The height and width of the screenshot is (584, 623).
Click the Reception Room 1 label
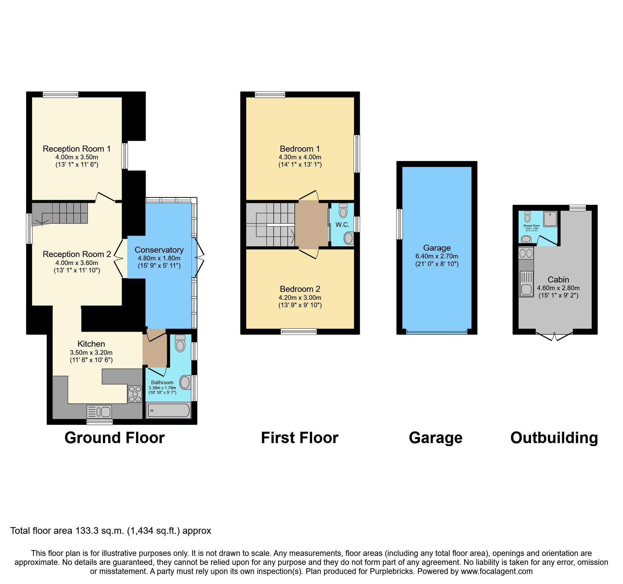click(x=76, y=149)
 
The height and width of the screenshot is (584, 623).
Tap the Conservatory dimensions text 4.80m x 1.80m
click(x=159, y=258)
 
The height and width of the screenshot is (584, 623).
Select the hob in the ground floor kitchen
click(x=135, y=394)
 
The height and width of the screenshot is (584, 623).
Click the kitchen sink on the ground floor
click(x=99, y=411)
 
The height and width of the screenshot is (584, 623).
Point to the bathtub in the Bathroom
click(x=168, y=410)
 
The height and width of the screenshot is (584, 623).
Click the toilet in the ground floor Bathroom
click(x=180, y=343)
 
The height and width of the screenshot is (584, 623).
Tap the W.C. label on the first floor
click(x=342, y=225)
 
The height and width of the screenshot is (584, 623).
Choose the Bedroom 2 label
click(x=300, y=289)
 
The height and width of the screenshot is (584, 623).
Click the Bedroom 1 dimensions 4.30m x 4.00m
click(x=300, y=157)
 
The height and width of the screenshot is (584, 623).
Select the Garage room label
click(x=437, y=248)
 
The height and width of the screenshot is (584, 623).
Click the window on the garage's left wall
click(x=399, y=224)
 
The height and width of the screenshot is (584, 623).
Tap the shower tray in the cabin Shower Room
click(x=550, y=219)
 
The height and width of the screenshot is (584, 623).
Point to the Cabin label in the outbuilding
click(x=558, y=279)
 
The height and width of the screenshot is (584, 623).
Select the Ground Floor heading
click(x=114, y=438)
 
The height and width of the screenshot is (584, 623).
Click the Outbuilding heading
click(x=554, y=438)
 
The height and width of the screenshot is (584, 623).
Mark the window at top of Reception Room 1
click(x=60, y=95)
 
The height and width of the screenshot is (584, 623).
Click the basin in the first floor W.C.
click(x=349, y=238)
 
